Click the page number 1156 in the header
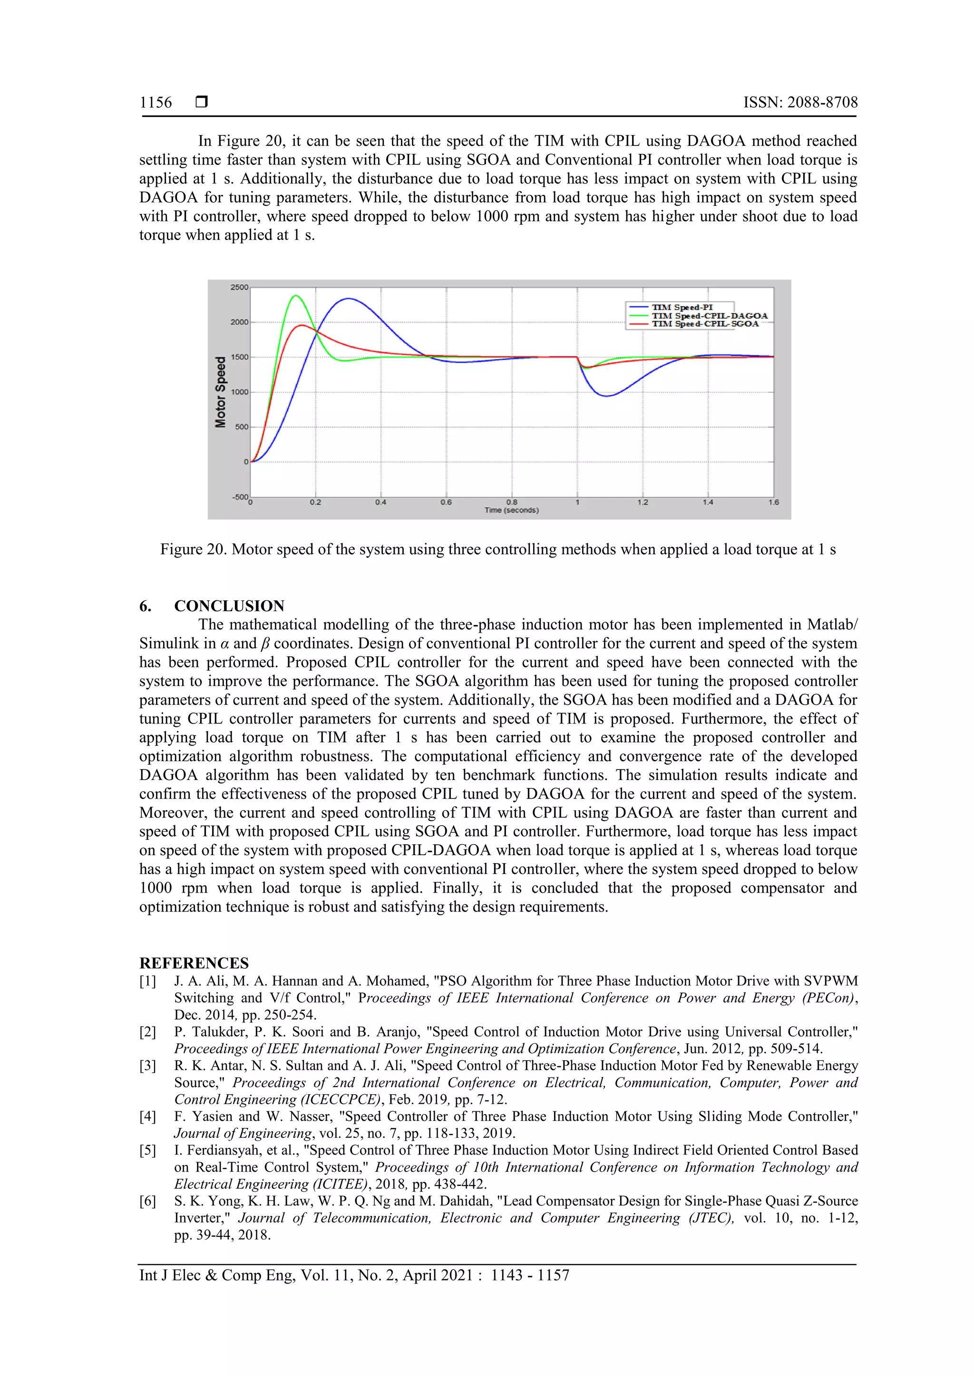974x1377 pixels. [x=156, y=103]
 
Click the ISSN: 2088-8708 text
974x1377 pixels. [x=800, y=103]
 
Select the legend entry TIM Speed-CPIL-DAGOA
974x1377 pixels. [x=710, y=316]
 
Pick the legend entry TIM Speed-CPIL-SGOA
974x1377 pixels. [x=705, y=324]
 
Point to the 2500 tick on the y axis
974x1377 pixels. [x=239, y=287]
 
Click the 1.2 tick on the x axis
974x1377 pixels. [x=642, y=502]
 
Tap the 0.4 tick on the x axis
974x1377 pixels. [x=380, y=502]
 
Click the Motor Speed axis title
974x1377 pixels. [x=221, y=392]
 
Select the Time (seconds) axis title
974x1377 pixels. [x=511, y=510]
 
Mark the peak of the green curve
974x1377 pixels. [x=296, y=295]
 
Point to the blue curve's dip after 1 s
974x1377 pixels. [x=607, y=396]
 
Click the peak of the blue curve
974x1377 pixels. [x=349, y=298]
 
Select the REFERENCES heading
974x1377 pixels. [x=194, y=963]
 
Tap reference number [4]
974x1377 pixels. [x=147, y=1116]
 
